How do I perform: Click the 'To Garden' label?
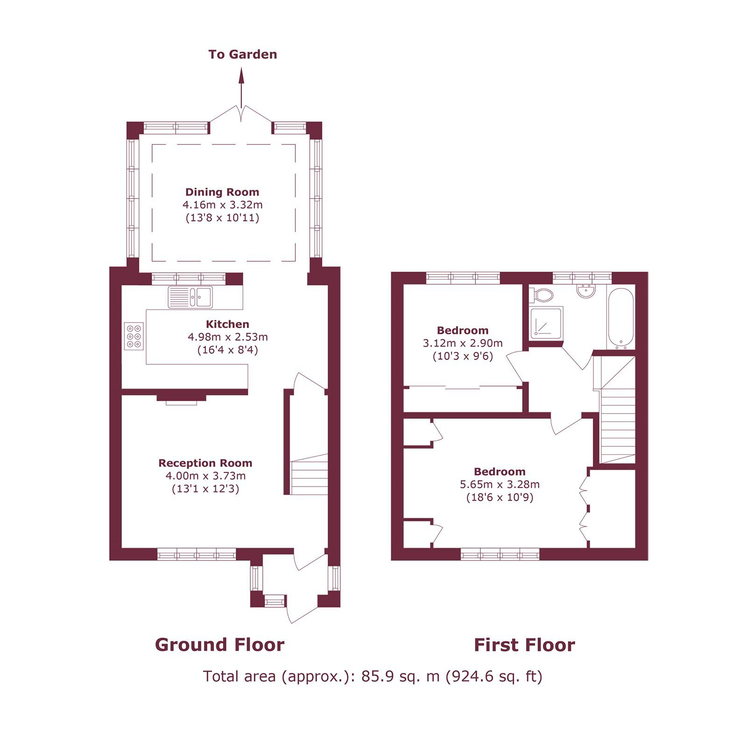pos(243,55)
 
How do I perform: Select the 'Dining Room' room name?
pos(222,192)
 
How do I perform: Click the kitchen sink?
pos(190,297)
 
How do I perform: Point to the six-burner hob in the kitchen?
pos(134,336)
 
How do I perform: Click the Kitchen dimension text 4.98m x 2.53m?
pos(228,337)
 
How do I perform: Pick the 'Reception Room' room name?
pos(205,463)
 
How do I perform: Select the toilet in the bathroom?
pos(542,295)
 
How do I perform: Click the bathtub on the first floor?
pos(620,318)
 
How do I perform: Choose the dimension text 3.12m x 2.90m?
pos(463,343)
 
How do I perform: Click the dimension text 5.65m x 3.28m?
pos(500,484)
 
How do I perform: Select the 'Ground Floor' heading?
pos(219,645)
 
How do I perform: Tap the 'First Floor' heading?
pos(524,645)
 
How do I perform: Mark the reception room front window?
pos(197,555)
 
